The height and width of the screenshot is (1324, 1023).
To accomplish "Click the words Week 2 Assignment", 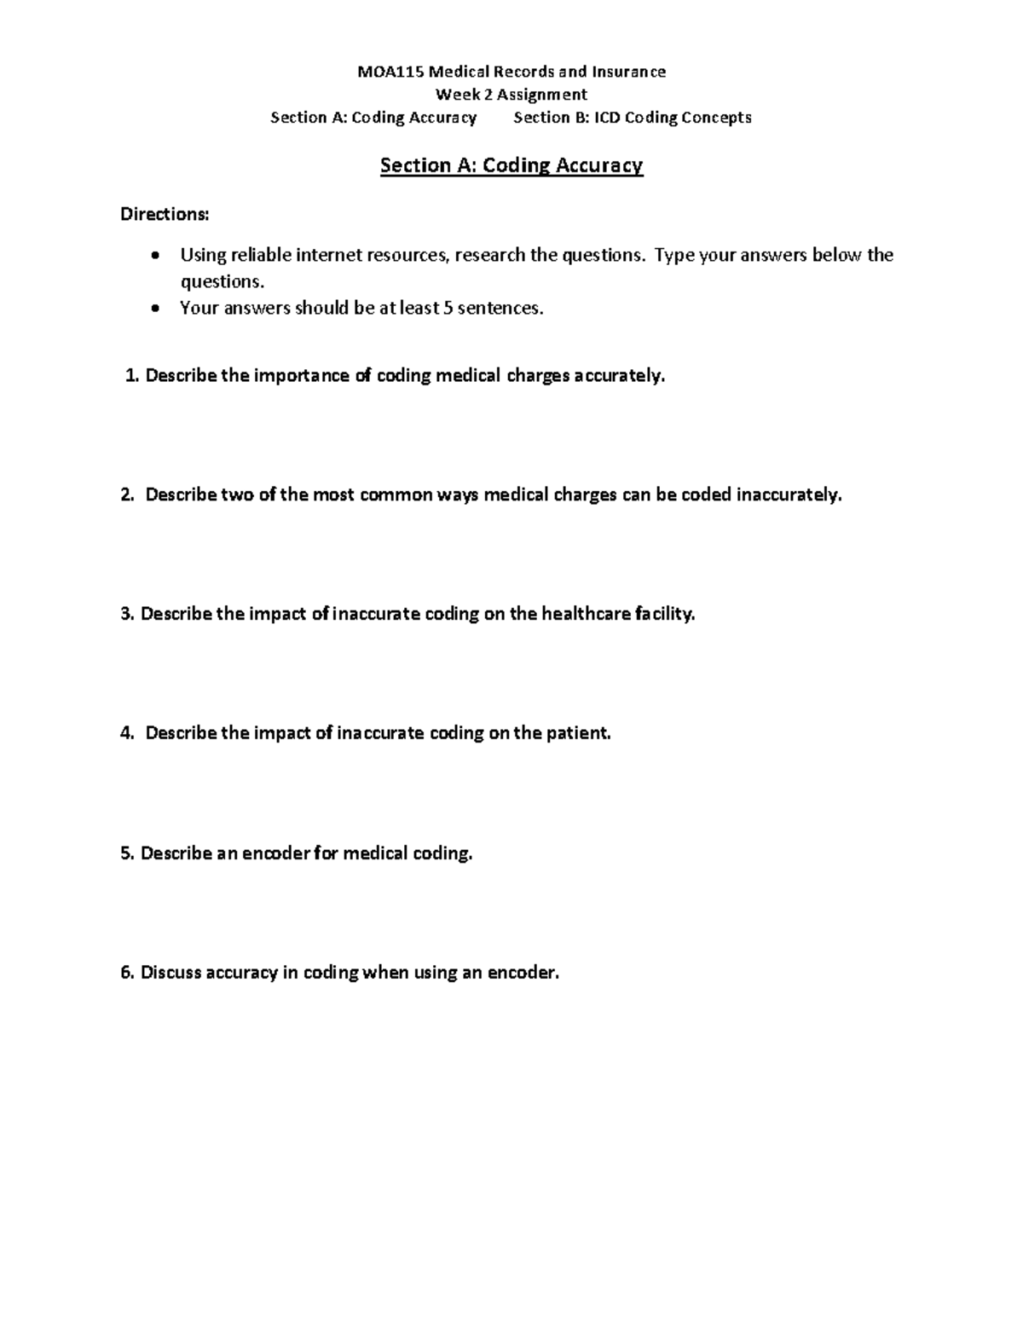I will [511, 95].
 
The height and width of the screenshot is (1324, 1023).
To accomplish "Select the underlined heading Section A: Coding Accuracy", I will [511, 165].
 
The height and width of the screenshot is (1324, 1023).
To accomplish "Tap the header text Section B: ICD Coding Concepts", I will [633, 118].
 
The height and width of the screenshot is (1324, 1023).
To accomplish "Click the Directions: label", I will [165, 215].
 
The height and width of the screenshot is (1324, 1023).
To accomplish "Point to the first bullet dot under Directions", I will [154, 256].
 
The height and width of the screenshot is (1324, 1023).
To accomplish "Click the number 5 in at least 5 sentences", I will [448, 309].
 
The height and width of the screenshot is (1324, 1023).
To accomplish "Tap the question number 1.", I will [130, 376].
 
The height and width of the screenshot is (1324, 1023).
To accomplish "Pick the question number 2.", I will [127, 495].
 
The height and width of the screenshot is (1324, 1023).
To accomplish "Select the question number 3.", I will [127, 615].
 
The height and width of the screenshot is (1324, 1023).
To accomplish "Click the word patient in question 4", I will [580, 733].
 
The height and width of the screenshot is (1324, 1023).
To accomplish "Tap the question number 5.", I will [127, 853].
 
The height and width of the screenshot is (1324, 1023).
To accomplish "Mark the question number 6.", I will [127, 973].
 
